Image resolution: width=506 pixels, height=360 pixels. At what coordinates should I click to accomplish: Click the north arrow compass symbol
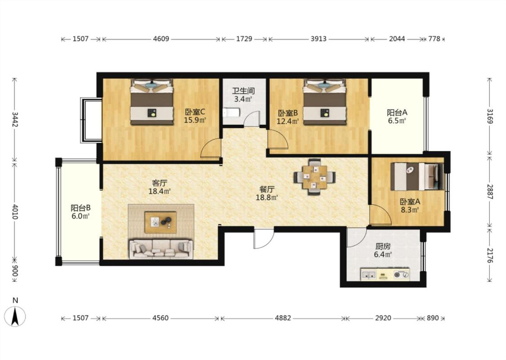point(15,316)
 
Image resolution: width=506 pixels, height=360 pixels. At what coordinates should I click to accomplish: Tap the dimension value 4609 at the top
point(161,39)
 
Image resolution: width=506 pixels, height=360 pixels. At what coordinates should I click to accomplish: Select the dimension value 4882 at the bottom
point(283,318)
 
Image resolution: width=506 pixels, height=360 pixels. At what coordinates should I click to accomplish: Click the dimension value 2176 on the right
point(490,256)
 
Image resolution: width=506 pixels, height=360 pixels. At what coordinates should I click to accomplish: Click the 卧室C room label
point(195,112)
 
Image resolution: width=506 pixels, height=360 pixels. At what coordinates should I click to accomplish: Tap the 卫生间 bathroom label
point(244,91)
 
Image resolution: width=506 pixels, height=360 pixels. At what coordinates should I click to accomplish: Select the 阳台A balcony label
point(397,112)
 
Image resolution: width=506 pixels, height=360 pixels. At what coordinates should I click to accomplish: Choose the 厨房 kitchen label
point(383,246)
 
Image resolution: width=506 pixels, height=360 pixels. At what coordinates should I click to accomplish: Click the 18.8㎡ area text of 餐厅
point(267,197)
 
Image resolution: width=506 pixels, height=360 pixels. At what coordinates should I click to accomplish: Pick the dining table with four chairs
point(315,177)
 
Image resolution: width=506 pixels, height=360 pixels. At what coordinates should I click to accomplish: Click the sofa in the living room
point(161,249)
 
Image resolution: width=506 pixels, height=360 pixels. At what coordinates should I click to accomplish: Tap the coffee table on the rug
point(161,222)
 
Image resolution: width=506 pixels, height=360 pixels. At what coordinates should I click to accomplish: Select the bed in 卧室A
point(417,176)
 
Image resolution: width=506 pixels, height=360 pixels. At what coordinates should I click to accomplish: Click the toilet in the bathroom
point(231,112)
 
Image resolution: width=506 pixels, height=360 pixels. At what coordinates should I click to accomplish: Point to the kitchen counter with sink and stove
point(385,274)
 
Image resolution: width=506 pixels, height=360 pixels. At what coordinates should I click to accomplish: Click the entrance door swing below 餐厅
point(264,238)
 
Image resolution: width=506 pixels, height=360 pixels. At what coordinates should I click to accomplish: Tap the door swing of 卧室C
point(210,148)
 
